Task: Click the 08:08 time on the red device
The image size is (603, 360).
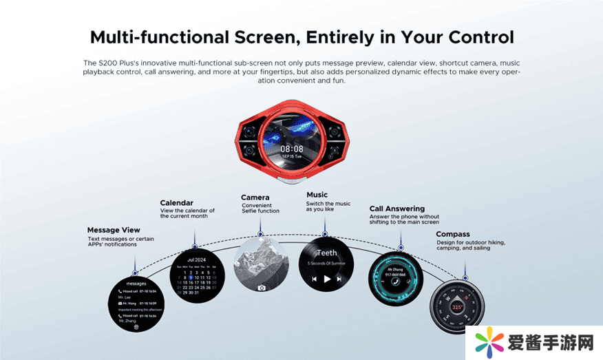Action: click(291, 148)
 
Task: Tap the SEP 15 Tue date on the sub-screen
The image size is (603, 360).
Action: click(291, 156)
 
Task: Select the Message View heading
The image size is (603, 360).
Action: click(114, 230)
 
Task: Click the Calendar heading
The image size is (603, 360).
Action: click(176, 203)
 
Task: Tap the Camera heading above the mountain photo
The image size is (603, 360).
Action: click(255, 198)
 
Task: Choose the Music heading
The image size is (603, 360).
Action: click(317, 195)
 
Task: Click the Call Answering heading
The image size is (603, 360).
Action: click(396, 209)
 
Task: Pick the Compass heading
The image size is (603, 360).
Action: click(453, 234)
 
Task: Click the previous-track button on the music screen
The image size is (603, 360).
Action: click(315, 279)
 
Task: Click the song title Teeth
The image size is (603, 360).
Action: click(326, 253)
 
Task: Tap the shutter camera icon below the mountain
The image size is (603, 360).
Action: click(262, 288)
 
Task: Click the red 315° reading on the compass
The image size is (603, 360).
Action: click(457, 307)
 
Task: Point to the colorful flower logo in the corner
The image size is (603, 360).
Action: click(489, 343)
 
